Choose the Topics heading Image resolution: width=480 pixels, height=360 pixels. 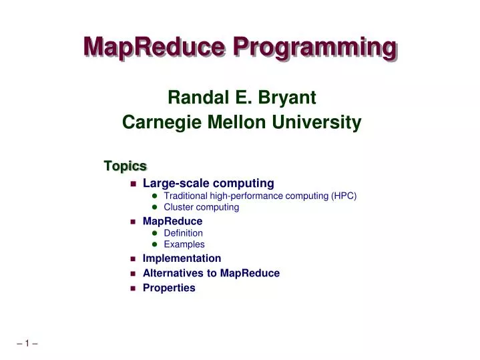pyautogui.click(x=125, y=165)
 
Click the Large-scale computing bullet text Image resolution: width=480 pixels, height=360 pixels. pyautogui.click(x=208, y=183)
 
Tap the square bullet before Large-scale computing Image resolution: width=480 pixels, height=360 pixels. pyautogui.click(x=133, y=184)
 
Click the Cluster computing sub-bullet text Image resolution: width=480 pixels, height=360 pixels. pyautogui.click(x=201, y=207)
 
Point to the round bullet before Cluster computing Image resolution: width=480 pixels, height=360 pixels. pyautogui.click(x=154, y=208)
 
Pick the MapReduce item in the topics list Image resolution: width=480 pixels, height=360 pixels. pyautogui.click(x=172, y=220)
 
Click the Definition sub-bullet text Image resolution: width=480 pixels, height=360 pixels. pyautogui.click(x=183, y=233)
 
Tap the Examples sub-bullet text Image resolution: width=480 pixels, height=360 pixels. pyautogui.click(x=184, y=244)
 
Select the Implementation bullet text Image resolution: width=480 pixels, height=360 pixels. pyautogui.click(x=182, y=258)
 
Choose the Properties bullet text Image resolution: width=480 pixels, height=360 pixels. pyautogui.click(x=169, y=289)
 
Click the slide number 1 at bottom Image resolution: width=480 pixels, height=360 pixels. pyautogui.click(x=27, y=344)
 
